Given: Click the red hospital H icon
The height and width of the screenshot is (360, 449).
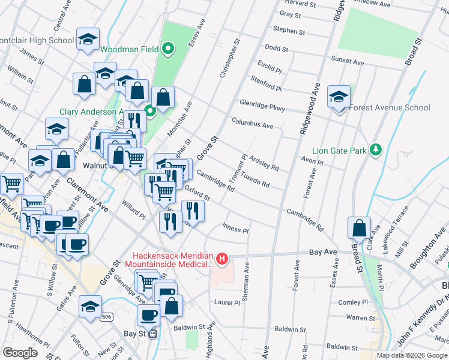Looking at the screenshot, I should [x=222, y=259].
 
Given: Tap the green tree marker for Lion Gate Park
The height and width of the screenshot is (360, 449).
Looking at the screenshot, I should [x=376, y=149].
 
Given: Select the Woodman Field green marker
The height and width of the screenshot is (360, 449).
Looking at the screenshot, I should [x=168, y=49].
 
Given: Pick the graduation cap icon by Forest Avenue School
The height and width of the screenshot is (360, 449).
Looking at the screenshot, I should [x=339, y=96].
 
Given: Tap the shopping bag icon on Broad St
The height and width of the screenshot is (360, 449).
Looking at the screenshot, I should [x=359, y=228].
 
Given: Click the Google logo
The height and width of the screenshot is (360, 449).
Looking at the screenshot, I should [x=20, y=352].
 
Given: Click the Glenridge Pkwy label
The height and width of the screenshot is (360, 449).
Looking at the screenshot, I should [x=262, y=106].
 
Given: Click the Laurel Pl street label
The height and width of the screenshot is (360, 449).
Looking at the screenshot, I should [x=227, y=302].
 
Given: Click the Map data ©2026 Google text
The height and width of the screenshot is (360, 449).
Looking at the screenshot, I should [x=412, y=355].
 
